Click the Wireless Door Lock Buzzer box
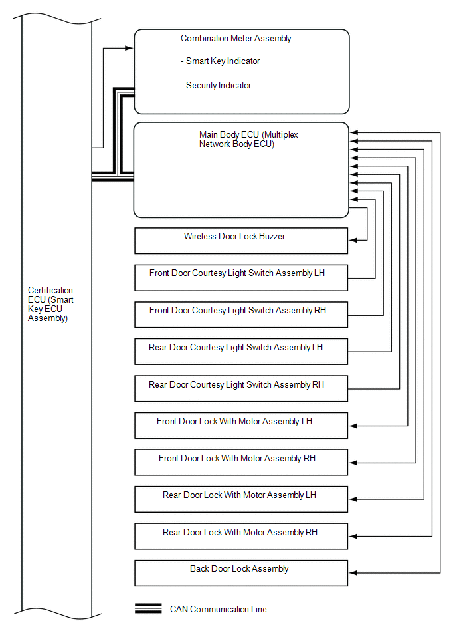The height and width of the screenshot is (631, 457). pos(240,241)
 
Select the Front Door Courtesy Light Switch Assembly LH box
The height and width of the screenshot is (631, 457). pos(240,278)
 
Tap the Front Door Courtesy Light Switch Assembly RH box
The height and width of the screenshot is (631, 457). pos(240,315)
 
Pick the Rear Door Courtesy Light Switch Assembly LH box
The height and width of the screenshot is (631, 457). pos(240,352)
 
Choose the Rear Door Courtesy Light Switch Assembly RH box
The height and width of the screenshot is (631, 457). pos(240,388)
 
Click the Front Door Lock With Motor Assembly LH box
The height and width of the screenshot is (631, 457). pos(240,426)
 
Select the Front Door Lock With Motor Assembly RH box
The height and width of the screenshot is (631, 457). pos(240,462)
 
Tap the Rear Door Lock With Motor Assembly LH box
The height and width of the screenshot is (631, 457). pos(240,499)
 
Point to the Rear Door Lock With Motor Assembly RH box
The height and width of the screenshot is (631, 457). pos(240,536)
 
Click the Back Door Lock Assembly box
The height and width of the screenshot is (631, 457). pos(240,573)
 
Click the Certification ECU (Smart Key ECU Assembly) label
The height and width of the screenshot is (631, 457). pos(50,305)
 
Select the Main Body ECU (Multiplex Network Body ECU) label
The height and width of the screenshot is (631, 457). pos(248,140)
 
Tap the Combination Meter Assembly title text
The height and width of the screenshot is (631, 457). pos(236,39)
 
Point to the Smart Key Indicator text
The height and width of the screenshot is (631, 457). pos(220,61)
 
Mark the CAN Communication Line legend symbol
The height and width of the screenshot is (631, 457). pos(148,609)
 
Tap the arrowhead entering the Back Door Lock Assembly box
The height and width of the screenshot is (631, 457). pos(353,572)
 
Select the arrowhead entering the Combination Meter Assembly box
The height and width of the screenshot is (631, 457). pos(130,48)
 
